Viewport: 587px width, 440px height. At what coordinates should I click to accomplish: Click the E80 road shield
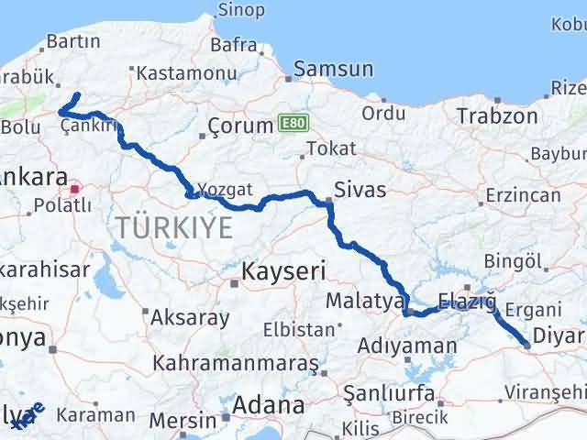pyautogui.click(x=292, y=123)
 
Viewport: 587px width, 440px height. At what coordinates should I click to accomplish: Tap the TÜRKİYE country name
pyautogui.click(x=173, y=228)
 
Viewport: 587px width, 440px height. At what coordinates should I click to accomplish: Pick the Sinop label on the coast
pyautogui.click(x=240, y=10)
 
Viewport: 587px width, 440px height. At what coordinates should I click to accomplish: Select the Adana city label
pyautogui.click(x=269, y=404)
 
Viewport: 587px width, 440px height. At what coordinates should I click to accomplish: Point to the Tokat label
pyautogui.click(x=331, y=148)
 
